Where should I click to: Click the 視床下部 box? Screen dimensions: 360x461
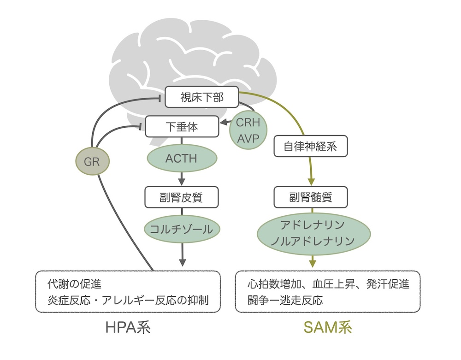pyautogui.click(x=201, y=97)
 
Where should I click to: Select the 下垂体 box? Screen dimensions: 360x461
pyautogui.click(x=181, y=126)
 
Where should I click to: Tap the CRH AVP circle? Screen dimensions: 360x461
pyautogui.click(x=248, y=130)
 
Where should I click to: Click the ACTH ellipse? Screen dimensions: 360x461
pyautogui.click(x=181, y=159)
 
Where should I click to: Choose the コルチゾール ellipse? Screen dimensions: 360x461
pyautogui.click(x=181, y=229)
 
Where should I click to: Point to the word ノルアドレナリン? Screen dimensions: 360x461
pyautogui.click(x=312, y=241)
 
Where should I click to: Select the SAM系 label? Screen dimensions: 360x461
pyautogui.click(x=328, y=327)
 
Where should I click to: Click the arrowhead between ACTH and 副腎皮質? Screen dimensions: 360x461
pyautogui.click(x=181, y=180)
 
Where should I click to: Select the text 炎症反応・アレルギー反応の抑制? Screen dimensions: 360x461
pyautogui.click(x=128, y=301)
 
